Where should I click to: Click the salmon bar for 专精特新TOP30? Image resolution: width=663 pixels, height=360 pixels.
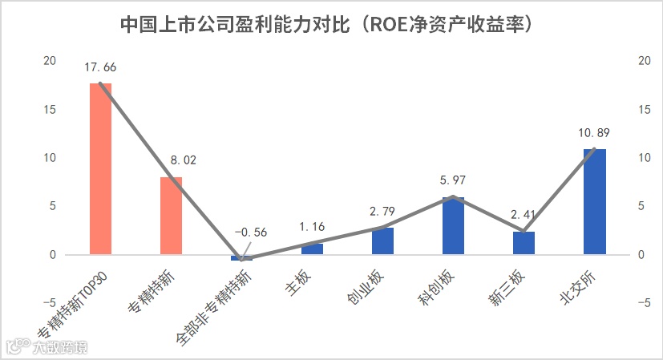tap(100, 168)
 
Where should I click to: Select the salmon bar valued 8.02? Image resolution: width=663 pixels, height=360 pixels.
tap(171, 216)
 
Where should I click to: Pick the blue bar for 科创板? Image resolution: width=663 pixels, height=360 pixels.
tap(453, 226)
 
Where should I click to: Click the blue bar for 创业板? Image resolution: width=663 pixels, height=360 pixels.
tap(382, 241)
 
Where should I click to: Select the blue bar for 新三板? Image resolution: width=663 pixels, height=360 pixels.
tap(524, 243)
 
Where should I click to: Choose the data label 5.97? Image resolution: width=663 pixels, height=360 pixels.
tap(453, 180)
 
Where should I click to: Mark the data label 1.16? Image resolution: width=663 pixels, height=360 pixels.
tap(312, 227)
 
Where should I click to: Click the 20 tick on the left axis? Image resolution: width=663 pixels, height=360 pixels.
tap(51, 61)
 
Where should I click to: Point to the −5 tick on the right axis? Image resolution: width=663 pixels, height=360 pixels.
tap(643, 303)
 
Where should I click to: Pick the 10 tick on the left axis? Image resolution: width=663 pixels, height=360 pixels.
tap(51, 158)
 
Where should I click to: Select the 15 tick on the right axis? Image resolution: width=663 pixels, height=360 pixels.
tap(643, 110)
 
